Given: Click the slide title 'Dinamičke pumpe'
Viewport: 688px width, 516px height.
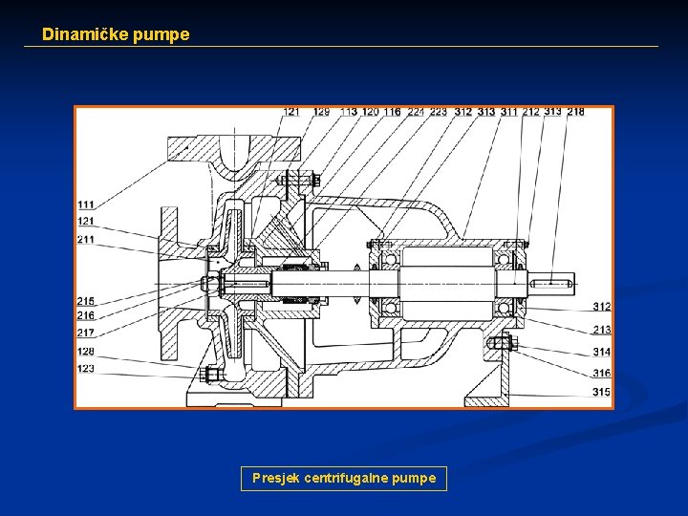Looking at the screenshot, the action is [x=116, y=34].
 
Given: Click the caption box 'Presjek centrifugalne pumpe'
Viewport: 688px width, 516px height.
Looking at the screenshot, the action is [x=343, y=478].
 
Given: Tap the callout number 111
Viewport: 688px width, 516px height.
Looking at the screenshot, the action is [x=86, y=204].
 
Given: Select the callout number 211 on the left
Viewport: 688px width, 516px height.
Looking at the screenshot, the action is [x=86, y=239].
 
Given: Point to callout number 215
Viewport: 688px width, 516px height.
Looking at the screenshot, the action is [x=86, y=302].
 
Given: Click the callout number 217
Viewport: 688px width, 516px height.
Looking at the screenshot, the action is [x=86, y=333].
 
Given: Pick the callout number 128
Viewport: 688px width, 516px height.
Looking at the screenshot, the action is [x=86, y=352].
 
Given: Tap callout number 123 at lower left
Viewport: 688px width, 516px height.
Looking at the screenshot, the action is [x=86, y=368].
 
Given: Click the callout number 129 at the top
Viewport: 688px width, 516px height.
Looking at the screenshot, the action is [x=321, y=113].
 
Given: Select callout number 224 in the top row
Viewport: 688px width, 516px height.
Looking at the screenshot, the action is [x=416, y=113].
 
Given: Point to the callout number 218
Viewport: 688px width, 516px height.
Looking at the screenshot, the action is [x=575, y=112].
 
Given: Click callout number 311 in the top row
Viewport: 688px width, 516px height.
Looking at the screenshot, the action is [x=508, y=113].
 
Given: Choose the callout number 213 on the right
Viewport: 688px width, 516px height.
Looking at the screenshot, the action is [x=602, y=330].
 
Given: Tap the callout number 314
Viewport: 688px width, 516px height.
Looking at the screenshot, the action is [x=602, y=353].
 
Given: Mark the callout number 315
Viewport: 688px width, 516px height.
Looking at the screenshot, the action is [x=602, y=393].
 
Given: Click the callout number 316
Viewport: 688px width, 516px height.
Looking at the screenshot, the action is [x=602, y=374].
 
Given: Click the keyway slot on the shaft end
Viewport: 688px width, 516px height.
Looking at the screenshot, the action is [x=555, y=281].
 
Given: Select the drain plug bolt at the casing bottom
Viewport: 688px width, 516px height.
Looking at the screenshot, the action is [x=213, y=374].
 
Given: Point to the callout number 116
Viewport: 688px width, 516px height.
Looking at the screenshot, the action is [x=393, y=113].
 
